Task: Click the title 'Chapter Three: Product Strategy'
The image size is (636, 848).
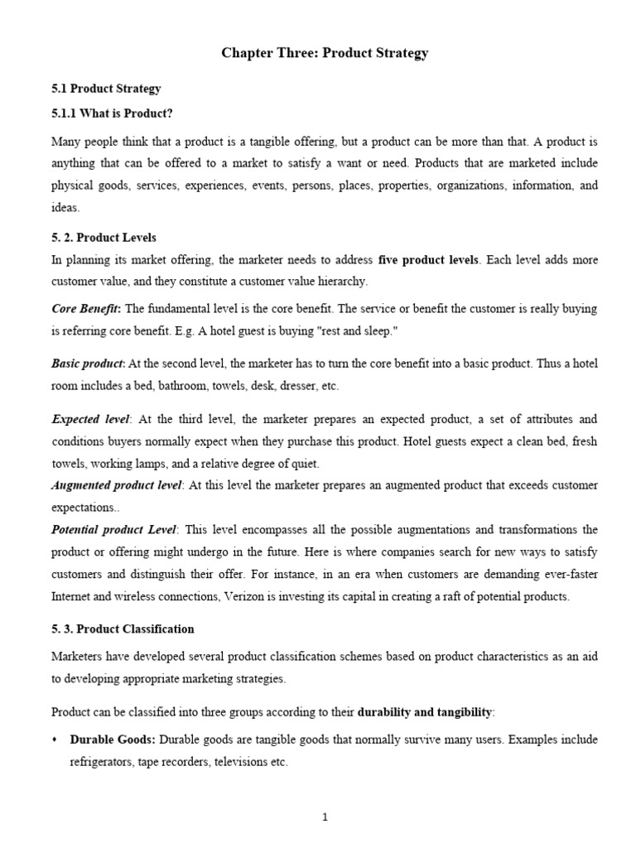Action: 325,54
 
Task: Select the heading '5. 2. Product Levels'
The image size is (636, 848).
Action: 104,238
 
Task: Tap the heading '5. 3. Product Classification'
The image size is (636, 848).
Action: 123,629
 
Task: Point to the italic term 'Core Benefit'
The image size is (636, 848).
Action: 85,309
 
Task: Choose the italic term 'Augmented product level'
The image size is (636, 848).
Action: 117,484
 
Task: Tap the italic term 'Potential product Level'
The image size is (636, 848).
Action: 114,529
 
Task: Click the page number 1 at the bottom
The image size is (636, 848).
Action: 325,817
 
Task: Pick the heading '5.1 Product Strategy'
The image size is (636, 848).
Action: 106,88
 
